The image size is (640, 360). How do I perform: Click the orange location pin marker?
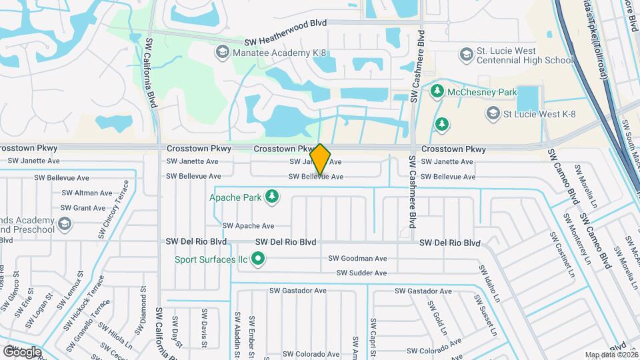click(x=320, y=159)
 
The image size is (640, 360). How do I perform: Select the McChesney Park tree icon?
click(x=437, y=90)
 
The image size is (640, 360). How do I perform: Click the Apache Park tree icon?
click(x=271, y=196)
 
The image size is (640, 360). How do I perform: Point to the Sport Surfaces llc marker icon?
click(x=257, y=259)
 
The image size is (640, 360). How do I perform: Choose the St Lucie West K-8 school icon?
click(x=493, y=113)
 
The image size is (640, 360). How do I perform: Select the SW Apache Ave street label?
click(x=248, y=226)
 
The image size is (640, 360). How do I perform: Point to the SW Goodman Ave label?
click(x=357, y=259)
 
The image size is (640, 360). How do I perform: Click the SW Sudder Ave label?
click(x=361, y=273)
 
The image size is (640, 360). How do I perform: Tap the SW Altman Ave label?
click(x=87, y=193)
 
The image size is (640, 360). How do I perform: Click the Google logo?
click(x=21, y=351)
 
